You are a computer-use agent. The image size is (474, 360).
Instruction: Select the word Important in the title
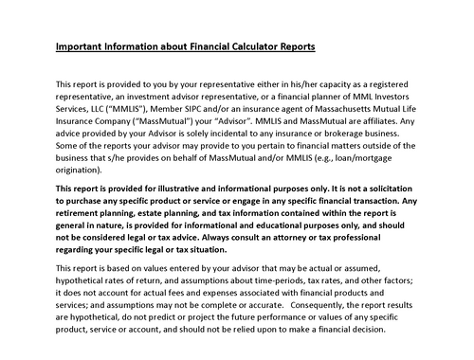pos(79,46)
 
